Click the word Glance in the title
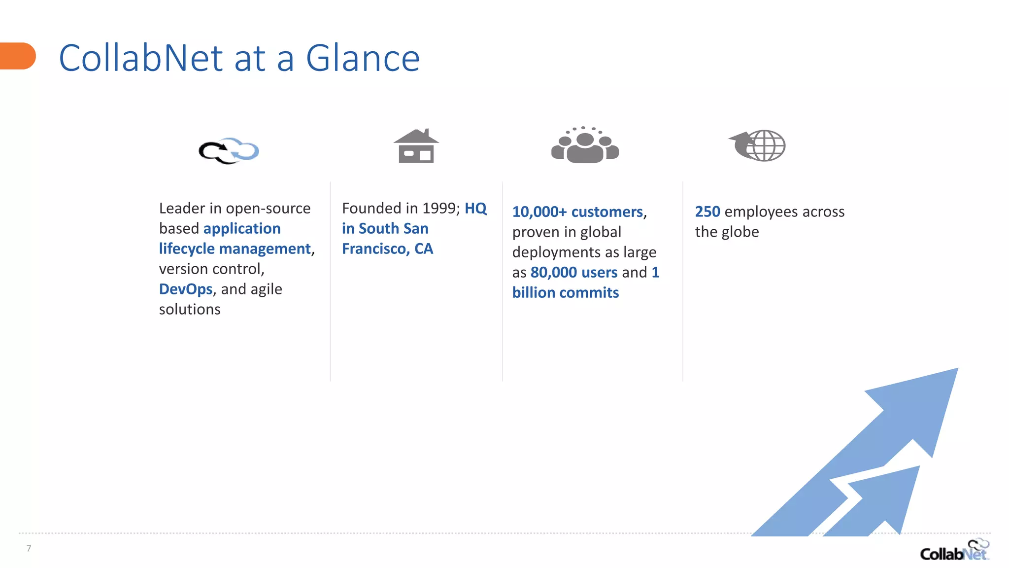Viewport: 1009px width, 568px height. [x=363, y=59]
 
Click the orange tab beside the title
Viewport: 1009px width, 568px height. [x=18, y=56]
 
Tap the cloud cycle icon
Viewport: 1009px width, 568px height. [x=229, y=151]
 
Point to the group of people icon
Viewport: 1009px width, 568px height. [x=585, y=145]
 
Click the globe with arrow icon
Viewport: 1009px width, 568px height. [x=758, y=145]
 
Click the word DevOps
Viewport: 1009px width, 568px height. [x=186, y=289]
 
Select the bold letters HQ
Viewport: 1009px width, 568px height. [x=475, y=209]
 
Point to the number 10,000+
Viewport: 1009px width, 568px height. [x=539, y=212]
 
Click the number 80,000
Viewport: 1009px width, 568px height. [x=553, y=273]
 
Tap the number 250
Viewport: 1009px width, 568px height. [x=707, y=212]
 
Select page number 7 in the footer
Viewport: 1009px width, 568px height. [x=29, y=548]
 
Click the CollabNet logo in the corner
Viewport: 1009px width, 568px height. [x=954, y=550]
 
